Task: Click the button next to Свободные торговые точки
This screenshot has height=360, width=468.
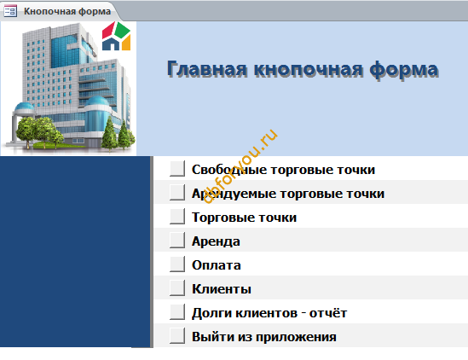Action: [x=177, y=169]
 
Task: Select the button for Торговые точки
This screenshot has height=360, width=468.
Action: [x=177, y=217]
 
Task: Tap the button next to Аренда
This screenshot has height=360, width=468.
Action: [x=177, y=241]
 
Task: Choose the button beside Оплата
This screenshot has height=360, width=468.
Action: [x=177, y=264]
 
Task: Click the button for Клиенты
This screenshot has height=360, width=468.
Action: [x=177, y=288]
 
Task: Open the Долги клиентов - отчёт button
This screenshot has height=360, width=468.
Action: [x=177, y=312]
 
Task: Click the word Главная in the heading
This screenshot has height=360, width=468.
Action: [x=207, y=69]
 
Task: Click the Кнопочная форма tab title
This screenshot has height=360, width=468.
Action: [x=67, y=11]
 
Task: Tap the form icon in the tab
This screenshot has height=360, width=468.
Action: [x=10, y=11]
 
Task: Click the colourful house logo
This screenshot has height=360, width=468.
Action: [x=116, y=36]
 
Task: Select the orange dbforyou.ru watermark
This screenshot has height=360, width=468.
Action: [x=240, y=166]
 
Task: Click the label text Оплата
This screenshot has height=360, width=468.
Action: [x=216, y=265]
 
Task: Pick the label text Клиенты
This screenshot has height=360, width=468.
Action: [x=222, y=289]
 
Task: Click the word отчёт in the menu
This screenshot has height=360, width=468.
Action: [x=328, y=313]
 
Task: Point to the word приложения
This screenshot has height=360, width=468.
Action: [x=296, y=338]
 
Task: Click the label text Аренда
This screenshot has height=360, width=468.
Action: [x=216, y=241]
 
